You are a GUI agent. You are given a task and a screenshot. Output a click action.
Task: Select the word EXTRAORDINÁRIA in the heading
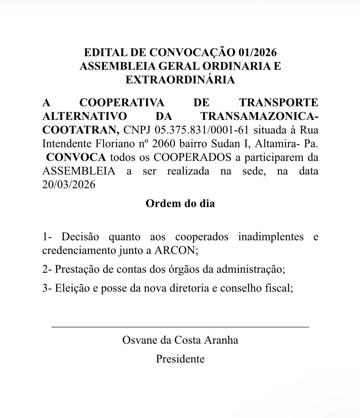click(180, 80)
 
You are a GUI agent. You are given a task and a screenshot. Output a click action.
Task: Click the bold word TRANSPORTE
click(279, 102)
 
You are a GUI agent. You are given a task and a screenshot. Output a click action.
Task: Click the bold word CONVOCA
click(76, 157)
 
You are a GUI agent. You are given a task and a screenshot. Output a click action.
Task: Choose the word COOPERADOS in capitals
click(192, 157)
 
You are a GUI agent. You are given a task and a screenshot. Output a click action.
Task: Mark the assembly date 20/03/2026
click(69, 185)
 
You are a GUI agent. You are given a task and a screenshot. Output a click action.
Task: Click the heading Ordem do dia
click(180, 203)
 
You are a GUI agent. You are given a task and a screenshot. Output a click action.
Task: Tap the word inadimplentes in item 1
click(271, 237)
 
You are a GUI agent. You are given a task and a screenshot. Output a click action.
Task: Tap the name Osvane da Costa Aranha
click(180, 340)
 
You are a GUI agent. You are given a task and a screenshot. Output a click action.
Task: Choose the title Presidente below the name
click(180, 359)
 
